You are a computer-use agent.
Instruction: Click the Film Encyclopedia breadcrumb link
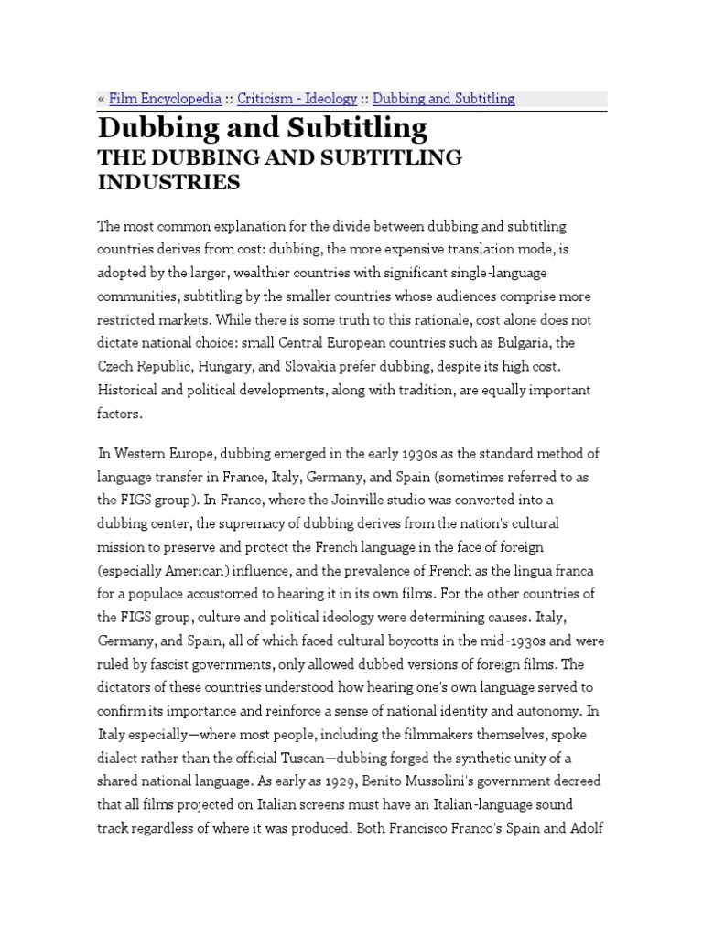point(165,99)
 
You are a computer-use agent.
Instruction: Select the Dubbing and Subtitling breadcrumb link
point(444,99)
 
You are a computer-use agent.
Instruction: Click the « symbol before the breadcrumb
point(101,99)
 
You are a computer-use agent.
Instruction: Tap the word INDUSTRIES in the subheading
point(169,182)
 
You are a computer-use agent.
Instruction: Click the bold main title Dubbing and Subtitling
point(262,128)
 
